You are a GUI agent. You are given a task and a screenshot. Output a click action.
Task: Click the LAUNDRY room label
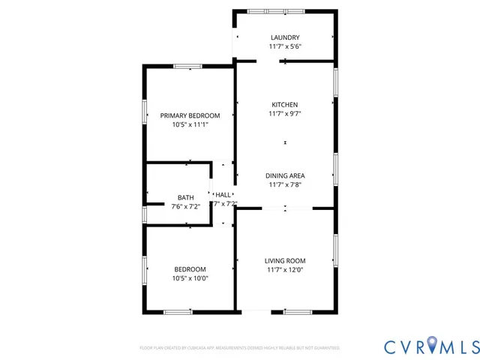tap(285, 37)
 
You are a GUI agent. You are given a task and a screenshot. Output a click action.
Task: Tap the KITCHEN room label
tap(285, 104)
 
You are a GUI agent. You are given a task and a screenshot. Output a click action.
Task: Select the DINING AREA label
tap(285, 175)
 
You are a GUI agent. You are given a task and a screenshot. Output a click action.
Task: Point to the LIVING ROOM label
tap(285, 260)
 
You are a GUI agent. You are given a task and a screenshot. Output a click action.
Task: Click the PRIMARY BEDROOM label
tap(190, 115)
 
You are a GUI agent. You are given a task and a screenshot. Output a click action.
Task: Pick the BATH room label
tap(185, 197)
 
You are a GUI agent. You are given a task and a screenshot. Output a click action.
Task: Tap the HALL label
tap(223, 194)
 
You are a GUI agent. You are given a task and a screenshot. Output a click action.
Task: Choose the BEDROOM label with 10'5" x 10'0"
tap(190, 269)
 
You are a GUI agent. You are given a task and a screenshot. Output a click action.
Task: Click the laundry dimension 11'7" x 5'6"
tap(285, 46)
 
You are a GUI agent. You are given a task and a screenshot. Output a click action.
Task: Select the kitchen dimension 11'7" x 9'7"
tap(285, 114)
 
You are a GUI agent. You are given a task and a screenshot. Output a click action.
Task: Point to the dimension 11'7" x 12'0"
tap(285, 270)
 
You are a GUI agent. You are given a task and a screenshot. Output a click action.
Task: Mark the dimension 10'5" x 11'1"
tap(190, 124)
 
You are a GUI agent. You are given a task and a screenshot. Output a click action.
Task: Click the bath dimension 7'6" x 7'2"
tap(185, 206)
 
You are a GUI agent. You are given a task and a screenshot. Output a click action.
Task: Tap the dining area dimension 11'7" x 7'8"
tap(285, 184)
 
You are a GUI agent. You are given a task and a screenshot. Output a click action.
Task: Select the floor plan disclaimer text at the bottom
tap(240, 348)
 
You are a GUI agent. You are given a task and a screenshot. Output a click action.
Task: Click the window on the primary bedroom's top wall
tap(187, 67)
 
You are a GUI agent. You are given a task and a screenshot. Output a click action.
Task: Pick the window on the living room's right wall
tap(335, 250)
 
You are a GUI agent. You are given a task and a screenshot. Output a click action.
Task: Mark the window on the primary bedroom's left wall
tap(144, 111)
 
